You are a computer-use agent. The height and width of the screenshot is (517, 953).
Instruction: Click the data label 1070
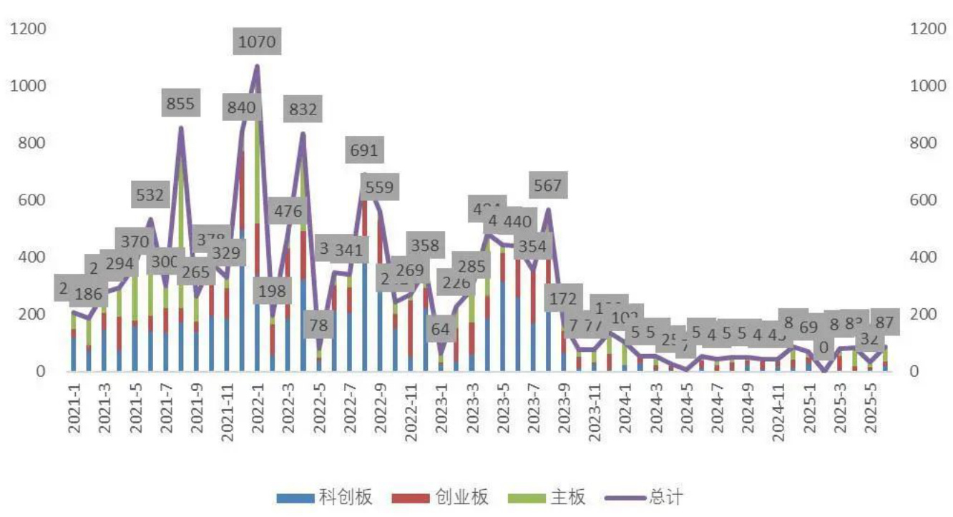256,42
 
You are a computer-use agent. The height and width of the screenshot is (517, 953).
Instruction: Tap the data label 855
180,104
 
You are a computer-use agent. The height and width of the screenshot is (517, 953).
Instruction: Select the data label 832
303,110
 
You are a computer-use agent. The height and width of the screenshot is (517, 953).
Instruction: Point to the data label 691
363,151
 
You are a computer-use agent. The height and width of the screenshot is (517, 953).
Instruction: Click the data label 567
547,186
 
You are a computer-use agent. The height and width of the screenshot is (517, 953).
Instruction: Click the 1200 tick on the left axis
26,29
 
